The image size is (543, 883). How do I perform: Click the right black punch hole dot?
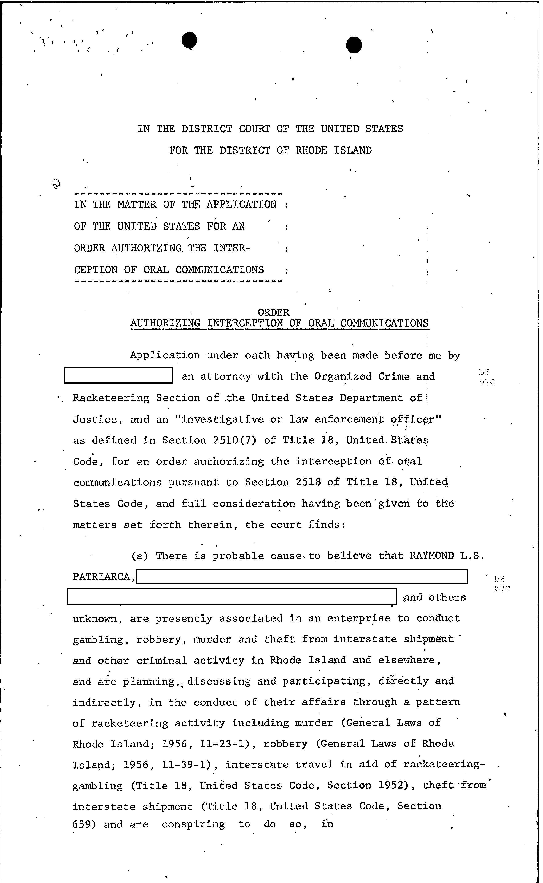tap(354, 45)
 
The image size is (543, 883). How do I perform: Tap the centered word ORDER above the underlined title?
tap(273, 313)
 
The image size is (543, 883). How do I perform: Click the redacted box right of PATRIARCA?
tap(302, 577)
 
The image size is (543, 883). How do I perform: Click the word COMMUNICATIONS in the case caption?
tap(220, 270)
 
